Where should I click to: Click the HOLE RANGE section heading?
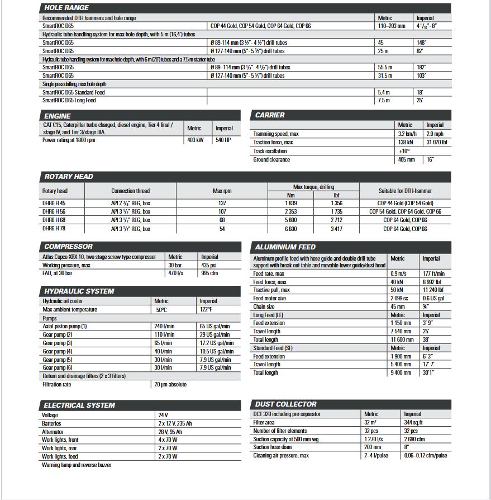[x=66, y=8]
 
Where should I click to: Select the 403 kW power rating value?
[x=195, y=140]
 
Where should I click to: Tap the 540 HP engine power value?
[x=223, y=140]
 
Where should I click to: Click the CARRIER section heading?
[x=270, y=115]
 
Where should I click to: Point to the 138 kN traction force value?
[x=406, y=143]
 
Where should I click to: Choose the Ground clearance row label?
[x=271, y=159]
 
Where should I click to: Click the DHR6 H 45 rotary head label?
[x=54, y=204]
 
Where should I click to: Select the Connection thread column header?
[x=130, y=191]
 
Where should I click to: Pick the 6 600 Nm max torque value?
[x=291, y=229]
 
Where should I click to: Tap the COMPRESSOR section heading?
[x=68, y=247]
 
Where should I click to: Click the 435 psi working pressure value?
[x=210, y=265]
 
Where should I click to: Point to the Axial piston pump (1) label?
[x=65, y=326]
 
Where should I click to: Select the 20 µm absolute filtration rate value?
[x=170, y=384]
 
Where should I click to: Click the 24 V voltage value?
[x=163, y=415]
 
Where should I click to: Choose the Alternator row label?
[x=53, y=432]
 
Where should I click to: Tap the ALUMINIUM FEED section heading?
[x=285, y=247]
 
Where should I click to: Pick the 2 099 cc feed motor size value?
[x=401, y=298]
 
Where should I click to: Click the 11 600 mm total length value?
[x=402, y=339]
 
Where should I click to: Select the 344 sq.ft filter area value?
[x=414, y=422]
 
